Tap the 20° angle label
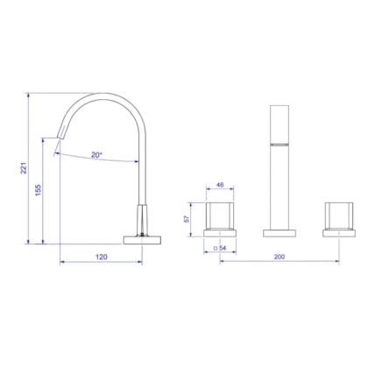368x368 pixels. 96,155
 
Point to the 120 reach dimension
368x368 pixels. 101,258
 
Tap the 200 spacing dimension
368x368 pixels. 280,258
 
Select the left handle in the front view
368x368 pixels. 219,215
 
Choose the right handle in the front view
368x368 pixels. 339,215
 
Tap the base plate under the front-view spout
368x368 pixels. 280,232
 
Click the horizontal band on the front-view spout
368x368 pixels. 280,143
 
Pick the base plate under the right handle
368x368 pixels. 339,232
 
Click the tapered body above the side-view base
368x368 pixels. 142,218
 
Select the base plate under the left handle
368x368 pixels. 219,232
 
